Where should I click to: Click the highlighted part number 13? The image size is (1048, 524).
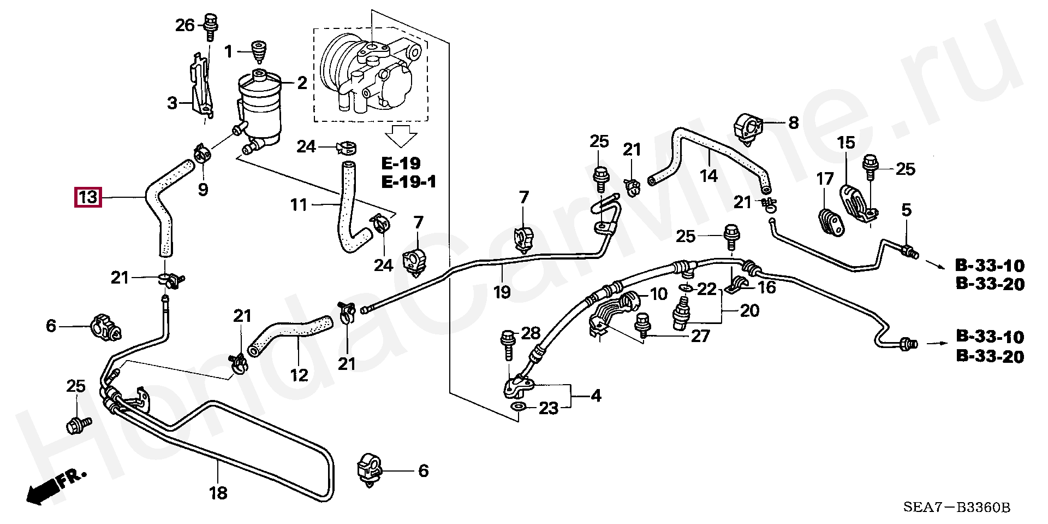click(x=88, y=197)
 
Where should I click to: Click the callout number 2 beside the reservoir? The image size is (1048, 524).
click(x=302, y=83)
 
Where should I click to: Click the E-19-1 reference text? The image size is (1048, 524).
click(x=409, y=182)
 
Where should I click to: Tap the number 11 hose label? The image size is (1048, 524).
click(x=299, y=205)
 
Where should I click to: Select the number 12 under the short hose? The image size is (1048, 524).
click(x=299, y=376)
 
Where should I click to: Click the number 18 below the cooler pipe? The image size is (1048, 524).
click(x=218, y=493)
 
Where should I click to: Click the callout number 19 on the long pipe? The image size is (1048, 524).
click(x=502, y=292)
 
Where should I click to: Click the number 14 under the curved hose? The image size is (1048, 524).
click(x=708, y=175)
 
